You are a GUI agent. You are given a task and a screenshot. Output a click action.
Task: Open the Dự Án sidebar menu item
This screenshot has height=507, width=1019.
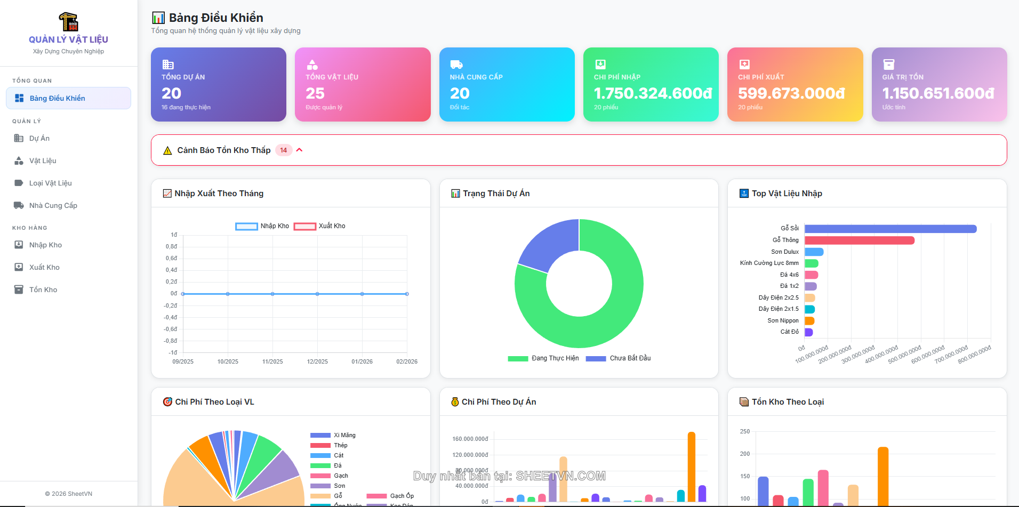[x=39, y=138]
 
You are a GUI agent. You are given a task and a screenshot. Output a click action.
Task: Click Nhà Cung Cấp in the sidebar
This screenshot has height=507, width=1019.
[x=53, y=205]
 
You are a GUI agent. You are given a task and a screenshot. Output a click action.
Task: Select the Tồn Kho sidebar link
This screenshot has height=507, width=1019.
[x=43, y=289]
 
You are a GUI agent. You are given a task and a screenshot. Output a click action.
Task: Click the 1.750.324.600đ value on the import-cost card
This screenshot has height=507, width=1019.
[x=653, y=93]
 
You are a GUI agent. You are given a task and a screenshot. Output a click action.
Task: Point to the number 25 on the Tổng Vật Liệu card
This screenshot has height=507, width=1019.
[x=315, y=93]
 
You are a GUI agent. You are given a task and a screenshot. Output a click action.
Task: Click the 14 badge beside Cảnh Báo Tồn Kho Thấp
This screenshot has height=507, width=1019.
[x=284, y=150]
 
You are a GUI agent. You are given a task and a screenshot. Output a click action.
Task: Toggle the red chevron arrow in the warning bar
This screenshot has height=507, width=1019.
[x=300, y=150]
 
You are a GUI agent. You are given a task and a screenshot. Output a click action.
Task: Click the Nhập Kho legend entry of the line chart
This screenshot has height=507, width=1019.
[x=263, y=226]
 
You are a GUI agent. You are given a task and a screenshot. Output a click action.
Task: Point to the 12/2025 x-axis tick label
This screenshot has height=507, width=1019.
[x=317, y=361]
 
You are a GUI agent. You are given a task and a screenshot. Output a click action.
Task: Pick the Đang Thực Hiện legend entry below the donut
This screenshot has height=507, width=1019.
[x=544, y=358]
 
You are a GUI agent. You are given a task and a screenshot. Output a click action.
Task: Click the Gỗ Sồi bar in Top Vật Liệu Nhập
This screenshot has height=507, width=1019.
[x=890, y=229]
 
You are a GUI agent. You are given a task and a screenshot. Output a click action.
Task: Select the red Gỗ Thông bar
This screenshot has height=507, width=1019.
[x=860, y=240]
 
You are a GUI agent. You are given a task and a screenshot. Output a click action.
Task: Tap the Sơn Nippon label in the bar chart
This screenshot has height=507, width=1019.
[x=783, y=320]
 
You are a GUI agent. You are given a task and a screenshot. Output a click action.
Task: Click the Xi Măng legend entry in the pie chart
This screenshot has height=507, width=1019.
[x=333, y=435]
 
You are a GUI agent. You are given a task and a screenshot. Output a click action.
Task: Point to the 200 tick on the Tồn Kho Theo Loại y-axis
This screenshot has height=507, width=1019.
[x=745, y=454]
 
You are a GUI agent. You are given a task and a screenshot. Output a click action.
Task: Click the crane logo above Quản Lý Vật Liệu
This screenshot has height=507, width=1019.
[x=68, y=22]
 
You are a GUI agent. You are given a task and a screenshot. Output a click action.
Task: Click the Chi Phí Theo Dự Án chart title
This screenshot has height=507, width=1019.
[x=499, y=402]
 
